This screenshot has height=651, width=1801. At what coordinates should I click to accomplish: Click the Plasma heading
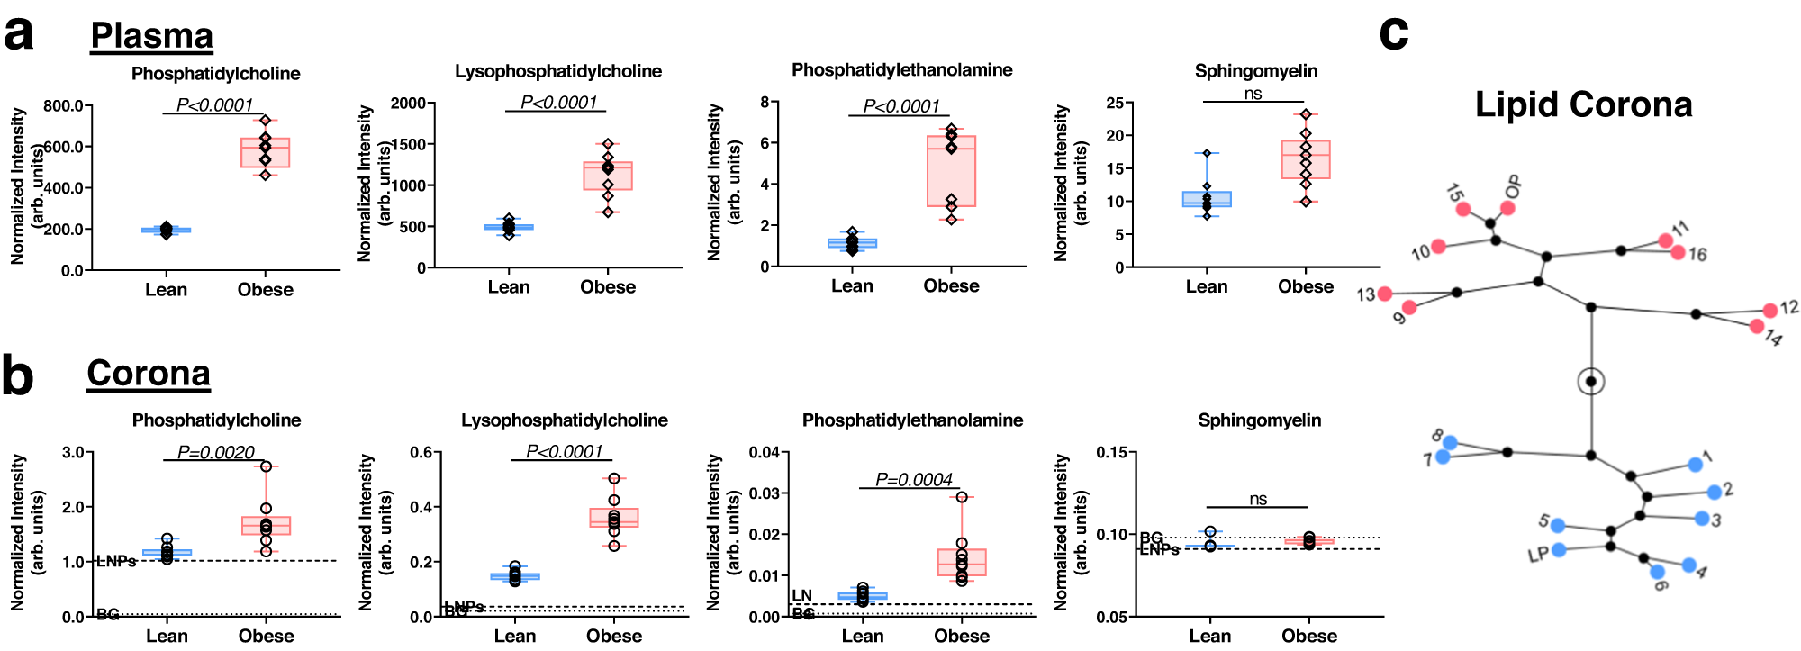click(151, 36)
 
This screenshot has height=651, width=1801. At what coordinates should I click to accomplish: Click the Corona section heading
click(149, 373)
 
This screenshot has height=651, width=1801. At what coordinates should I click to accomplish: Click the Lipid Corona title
click(1583, 104)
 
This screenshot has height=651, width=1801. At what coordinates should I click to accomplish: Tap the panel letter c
click(1393, 32)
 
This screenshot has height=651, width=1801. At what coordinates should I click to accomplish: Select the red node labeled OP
click(1507, 208)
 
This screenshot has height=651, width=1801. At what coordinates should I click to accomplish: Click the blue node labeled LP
click(1559, 549)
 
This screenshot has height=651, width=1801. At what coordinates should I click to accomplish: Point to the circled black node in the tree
click(1591, 382)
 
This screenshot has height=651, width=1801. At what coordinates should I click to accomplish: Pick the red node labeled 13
click(1385, 294)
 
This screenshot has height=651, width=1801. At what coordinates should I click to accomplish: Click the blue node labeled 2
click(1714, 492)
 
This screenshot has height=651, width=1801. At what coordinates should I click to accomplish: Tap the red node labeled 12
click(1769, 310)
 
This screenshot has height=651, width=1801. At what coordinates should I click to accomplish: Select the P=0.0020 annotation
click(215, 452)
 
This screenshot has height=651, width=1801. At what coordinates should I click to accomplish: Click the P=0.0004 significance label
click(913, 480)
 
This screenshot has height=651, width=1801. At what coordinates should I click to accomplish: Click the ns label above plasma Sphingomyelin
click(1253, 94)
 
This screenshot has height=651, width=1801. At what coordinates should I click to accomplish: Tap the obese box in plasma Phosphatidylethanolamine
click(951, 171)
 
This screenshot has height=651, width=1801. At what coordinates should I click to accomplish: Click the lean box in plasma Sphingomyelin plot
click(1207, 199)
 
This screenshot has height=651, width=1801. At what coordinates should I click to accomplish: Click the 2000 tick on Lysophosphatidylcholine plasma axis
click(408, 103)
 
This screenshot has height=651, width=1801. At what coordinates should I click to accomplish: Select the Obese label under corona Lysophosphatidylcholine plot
click(614, 636)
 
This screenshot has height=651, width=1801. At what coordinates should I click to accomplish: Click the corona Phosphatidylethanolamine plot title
click(912, 420)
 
